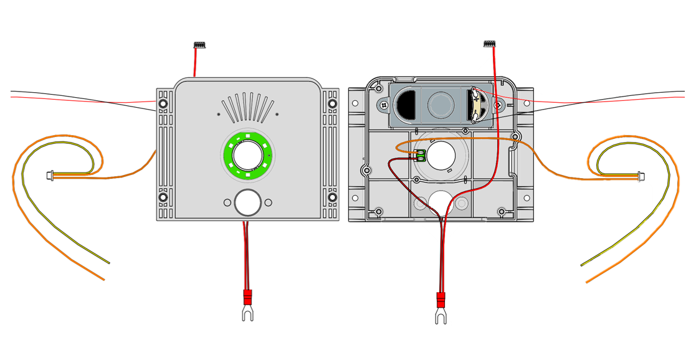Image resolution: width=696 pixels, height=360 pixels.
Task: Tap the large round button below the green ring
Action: [247, 202]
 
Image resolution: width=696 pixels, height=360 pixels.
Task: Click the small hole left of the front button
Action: [227, 202]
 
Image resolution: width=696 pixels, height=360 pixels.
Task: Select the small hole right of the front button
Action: [268, 202]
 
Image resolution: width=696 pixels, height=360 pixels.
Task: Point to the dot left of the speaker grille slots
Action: [218, 114]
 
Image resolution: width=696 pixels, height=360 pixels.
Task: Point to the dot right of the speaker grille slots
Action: [277, 114]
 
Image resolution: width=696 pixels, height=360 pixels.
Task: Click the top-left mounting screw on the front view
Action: [163, 103]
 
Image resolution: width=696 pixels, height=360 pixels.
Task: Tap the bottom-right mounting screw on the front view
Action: [332, 197]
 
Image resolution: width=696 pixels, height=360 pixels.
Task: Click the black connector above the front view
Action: [199, 45]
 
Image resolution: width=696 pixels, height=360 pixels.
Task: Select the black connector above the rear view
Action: [489, 44]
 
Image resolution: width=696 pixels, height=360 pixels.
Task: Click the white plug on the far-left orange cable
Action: [50, 176]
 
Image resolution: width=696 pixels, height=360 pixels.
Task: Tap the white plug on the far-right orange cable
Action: [641, 176]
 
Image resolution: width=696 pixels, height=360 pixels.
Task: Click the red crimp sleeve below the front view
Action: [247, 296]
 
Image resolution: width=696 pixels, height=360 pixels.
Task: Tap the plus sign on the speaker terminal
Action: [477, 100]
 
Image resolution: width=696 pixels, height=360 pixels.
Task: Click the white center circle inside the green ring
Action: [247, 154]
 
